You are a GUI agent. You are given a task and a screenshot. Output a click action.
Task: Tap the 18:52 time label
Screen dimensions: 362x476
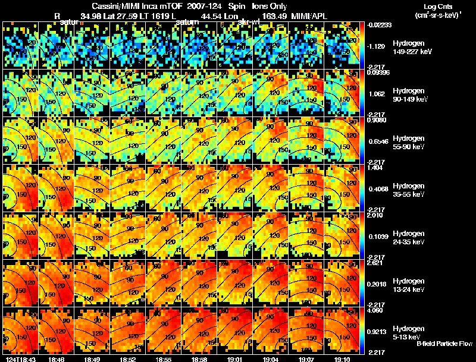pos(129,358)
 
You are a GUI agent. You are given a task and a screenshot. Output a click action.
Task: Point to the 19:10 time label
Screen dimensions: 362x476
pos(343,358)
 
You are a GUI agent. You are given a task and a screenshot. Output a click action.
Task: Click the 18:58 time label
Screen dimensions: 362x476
pos(199,358)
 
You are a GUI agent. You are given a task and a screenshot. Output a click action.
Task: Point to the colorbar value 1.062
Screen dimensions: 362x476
pos(378,94)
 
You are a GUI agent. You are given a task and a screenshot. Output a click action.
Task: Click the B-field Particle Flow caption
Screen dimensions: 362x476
pos(445,344)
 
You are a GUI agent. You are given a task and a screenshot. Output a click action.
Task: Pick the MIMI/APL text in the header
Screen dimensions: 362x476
pos(311,16)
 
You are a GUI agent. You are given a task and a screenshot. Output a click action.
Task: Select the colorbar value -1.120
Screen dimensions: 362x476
pos(378,46)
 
